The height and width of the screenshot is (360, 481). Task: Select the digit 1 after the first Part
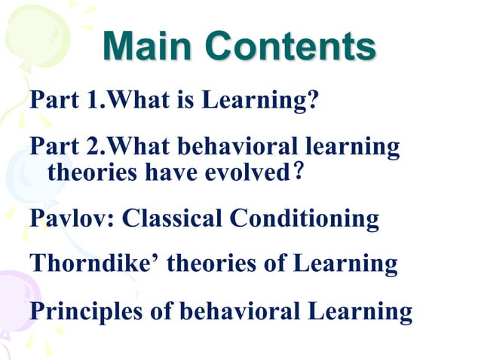[x=94, y=101]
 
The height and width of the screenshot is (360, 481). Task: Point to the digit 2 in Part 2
[x=94, y=147]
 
